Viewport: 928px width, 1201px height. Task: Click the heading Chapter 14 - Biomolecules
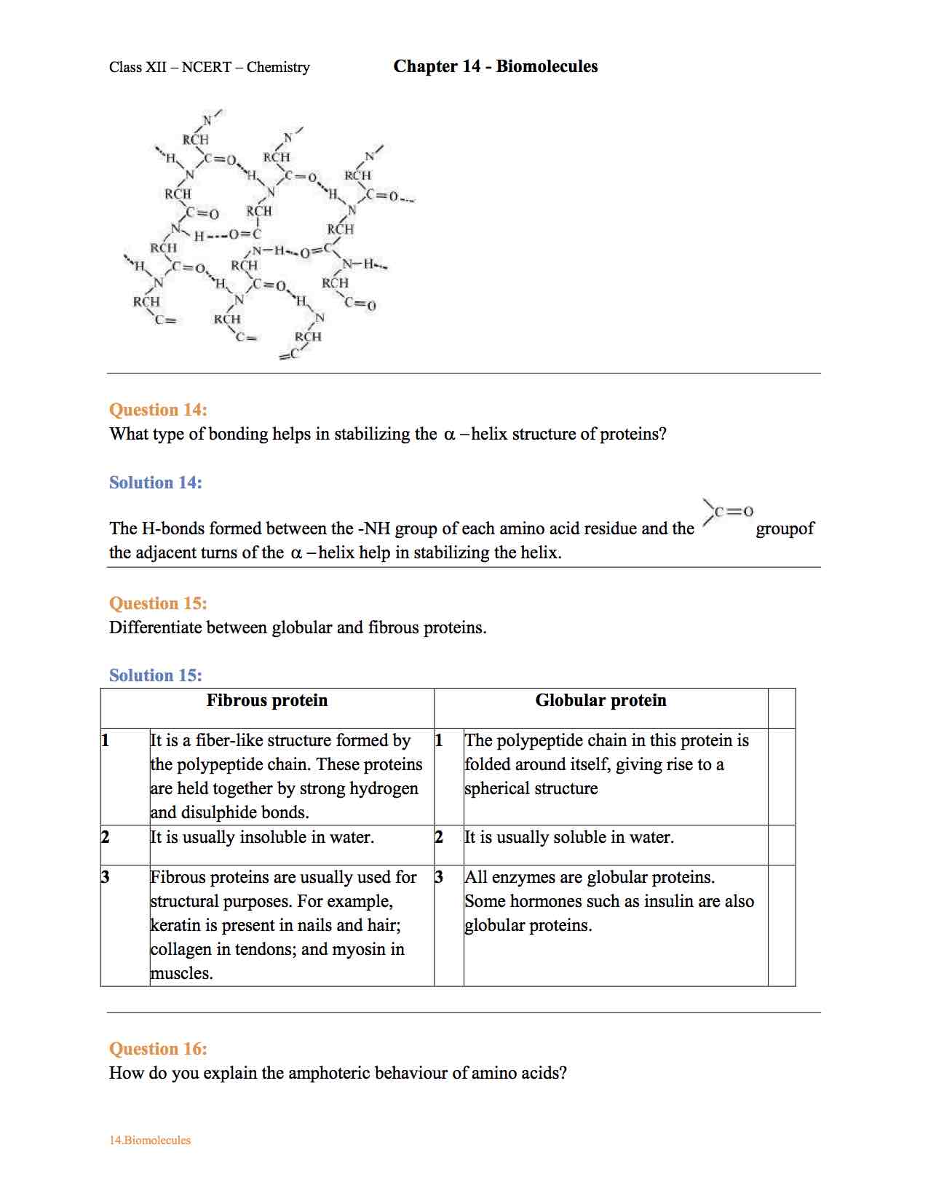(x=495, y=66)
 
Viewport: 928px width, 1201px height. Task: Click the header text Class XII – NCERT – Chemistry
(x=210, y=68)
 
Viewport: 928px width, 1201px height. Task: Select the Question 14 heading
(x=158, y=410)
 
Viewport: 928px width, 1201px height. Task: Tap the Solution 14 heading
(x=155, y=483)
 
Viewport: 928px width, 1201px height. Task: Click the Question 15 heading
(x=158, y=603)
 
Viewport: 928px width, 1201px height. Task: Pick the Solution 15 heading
(x=155, y=675)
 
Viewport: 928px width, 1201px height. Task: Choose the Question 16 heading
(x=158, y=1049)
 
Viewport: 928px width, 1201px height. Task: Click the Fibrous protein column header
(x=267, y=700)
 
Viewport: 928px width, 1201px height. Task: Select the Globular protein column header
(x=600, y=700)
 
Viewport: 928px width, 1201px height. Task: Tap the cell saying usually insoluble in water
(x=262, y=837)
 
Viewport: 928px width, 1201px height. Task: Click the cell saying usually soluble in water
(x=569, y=837)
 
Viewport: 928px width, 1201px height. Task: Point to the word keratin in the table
(x=175, y=925)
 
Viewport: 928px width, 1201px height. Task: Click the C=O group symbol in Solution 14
(x=729, y=512)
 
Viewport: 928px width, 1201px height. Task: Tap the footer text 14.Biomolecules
(x=150, y=1141)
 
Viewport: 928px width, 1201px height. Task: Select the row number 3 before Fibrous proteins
(x=106, y=877)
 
